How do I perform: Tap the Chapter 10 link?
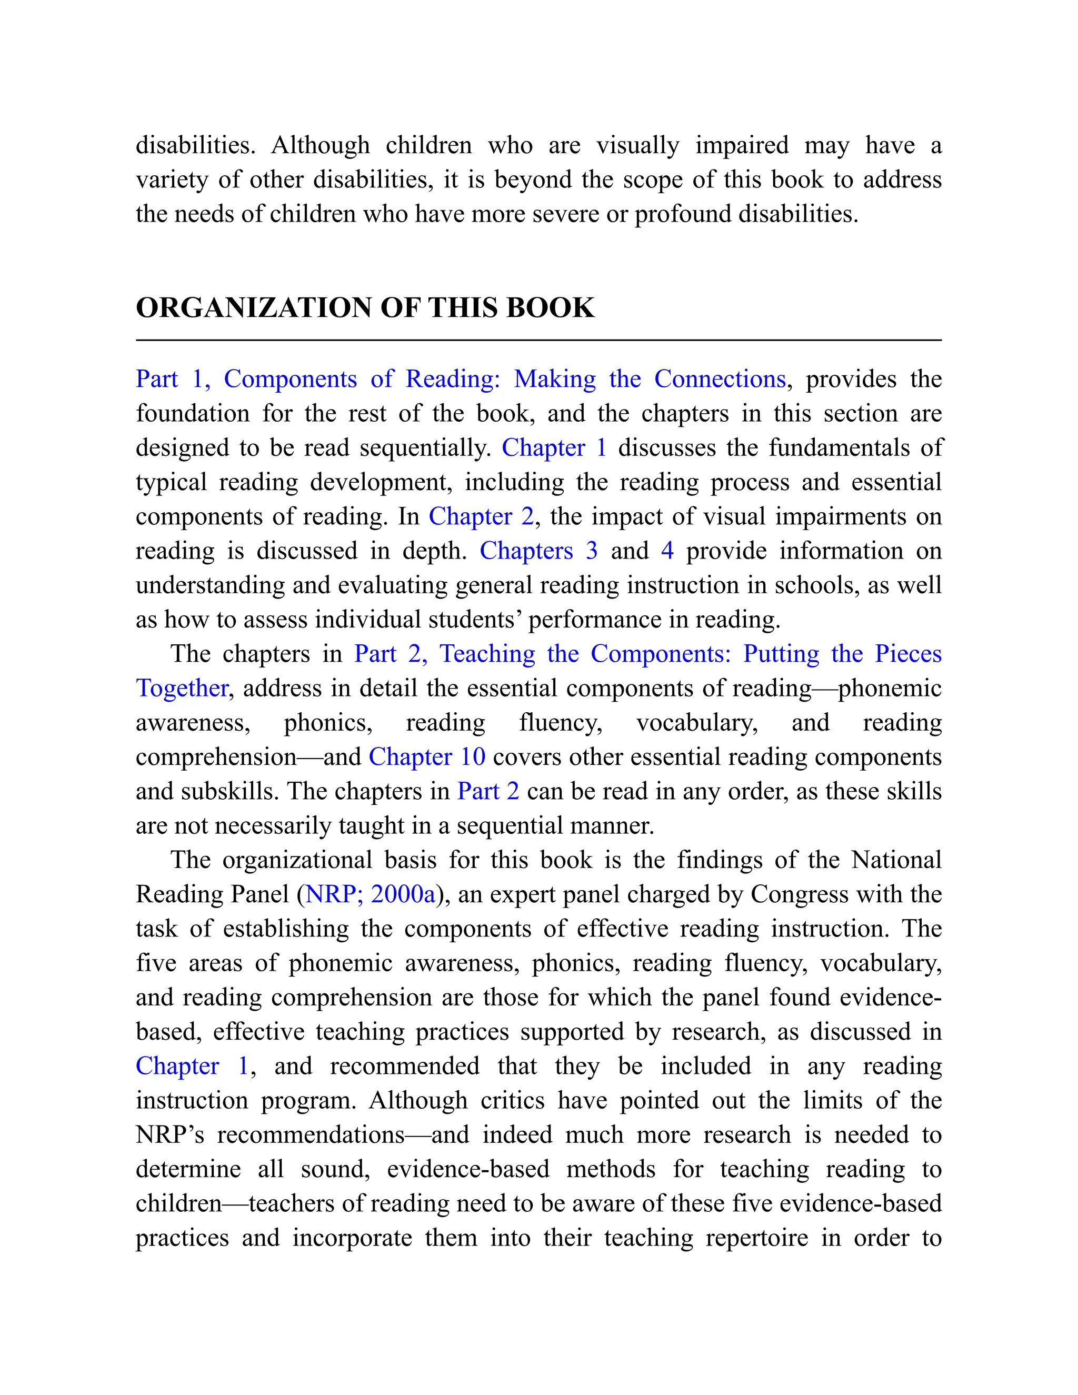point(426,757)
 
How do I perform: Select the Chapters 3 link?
point(538,551)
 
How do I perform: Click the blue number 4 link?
point(667,551)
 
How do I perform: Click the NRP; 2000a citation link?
point(371,894)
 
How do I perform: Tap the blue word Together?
point(182,689)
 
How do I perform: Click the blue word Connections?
point(719,380)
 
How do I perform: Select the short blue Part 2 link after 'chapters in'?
point(488,791)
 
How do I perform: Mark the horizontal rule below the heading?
point(538,341)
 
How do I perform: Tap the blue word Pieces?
point(907,654)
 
